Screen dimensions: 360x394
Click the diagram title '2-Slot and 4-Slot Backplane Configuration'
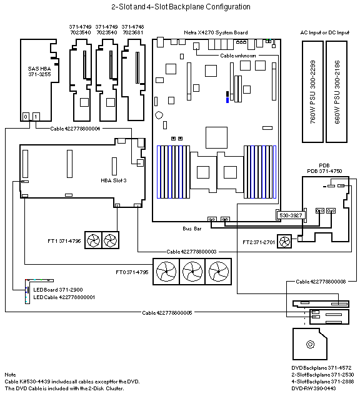[x=181, y=7]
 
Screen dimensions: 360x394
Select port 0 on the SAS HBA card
[x=26, y=117]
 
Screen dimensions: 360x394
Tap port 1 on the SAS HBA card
[x=36, y=117]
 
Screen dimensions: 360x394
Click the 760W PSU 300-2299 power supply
[x=312, y=92]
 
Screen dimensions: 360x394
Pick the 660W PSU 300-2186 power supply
[x=337, y=92]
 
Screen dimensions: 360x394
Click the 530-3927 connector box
[x=291, y=215]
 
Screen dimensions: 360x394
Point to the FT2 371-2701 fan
[x=284, y=242]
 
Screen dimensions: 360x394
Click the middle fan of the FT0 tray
[x=192, y=272]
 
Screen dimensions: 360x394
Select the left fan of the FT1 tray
[x=93, y=240]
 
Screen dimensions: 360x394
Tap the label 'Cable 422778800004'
[x=75, y=129]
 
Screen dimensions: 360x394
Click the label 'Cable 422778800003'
[x=191, y=252]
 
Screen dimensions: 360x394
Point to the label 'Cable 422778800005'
[x=167, y=313]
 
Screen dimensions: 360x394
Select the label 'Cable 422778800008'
[x=321, y=282]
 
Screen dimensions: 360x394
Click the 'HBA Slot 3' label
[x=114, y=180]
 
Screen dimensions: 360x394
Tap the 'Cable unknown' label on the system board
[x=238, y=56]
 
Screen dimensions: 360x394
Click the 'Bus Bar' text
[x=192, y=229]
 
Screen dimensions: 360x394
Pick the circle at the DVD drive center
[x=310, y=344]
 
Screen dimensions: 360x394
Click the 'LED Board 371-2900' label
[x=58, y=290]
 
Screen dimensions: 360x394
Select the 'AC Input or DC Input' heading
[x=325, y=32]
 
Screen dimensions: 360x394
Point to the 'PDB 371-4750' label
[x=324, y=171]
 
